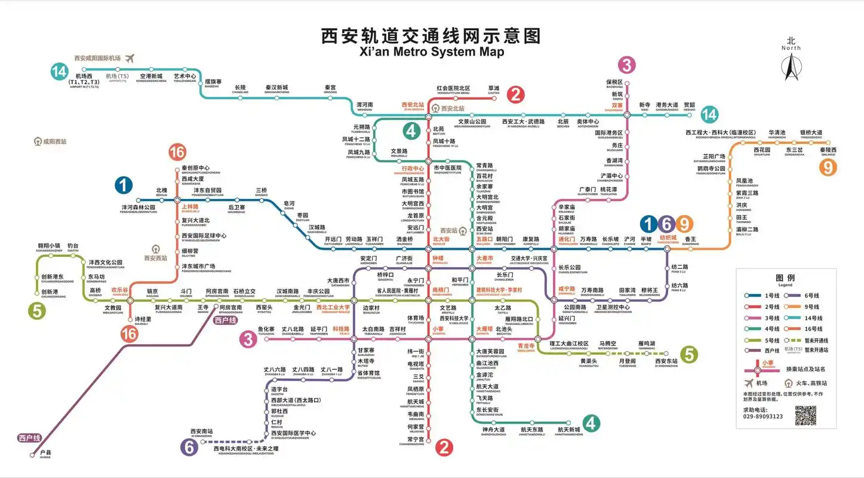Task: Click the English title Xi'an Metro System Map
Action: click(x=432, y=52)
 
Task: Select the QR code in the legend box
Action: click(x=805, y=415)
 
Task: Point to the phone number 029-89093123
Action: click(x=762, y=416)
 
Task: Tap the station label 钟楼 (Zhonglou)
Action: click(x=439, y=259)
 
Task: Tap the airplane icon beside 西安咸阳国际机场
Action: click(x=130, y=58)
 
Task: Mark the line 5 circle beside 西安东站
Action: click(x=689, y=355)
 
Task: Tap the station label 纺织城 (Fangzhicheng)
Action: click(x=668, y=238)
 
